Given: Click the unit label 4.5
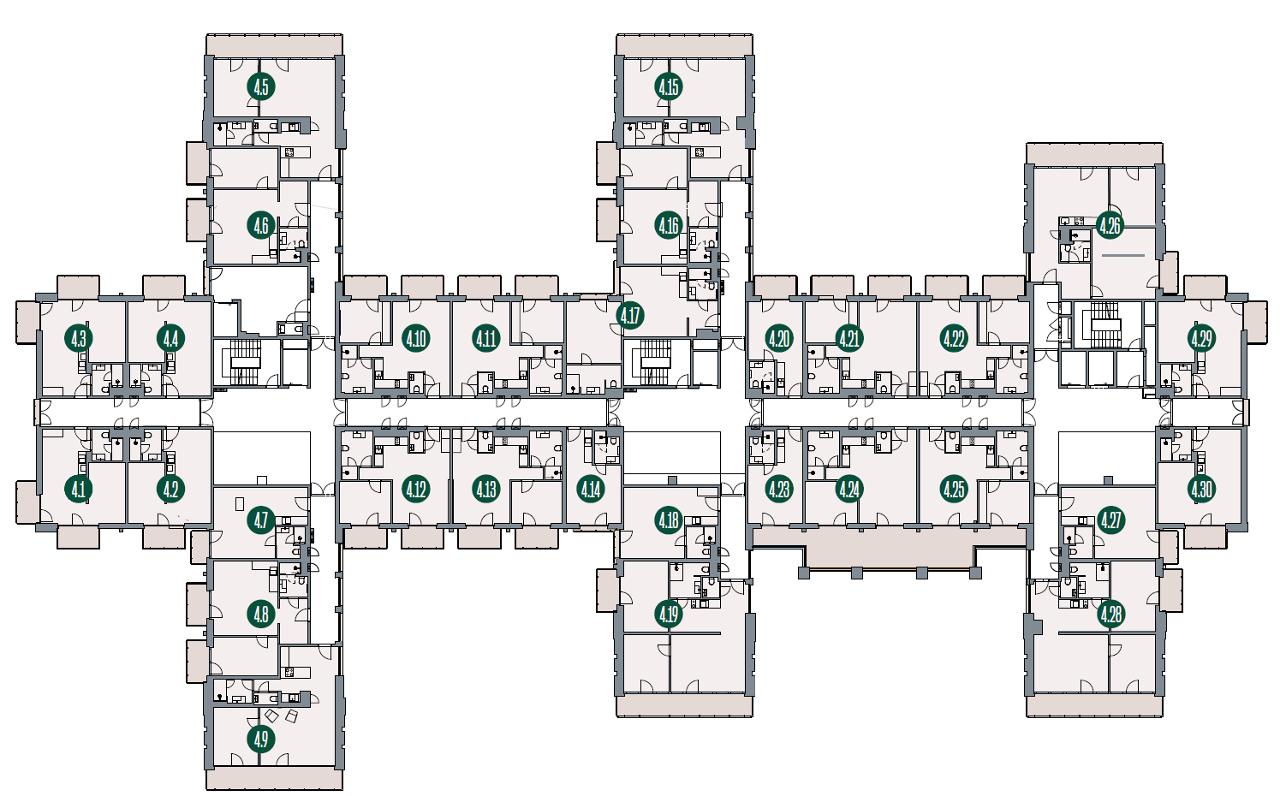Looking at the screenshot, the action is [x=260, y=87].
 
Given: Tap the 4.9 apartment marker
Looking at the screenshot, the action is [x=260, y=740].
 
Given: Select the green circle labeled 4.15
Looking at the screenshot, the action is [x=669, y=87].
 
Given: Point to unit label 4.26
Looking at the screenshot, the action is [x=1109, y=226].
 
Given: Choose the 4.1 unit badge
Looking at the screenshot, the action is [x=79, y=490].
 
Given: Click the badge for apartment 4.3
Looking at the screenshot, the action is [x=79, y=339].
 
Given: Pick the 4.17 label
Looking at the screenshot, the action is [x=630, y=315].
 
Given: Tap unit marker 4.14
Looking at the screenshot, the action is [x=591, y=490].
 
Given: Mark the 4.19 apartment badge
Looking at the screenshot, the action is [x=669, y=615].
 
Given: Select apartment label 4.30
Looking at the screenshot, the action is [x=1201, y=490].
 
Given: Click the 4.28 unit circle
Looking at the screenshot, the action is [x=1110, y=615].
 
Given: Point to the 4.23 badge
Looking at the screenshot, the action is [x=779, y=490].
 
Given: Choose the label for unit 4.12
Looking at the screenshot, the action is [x=416, y=490].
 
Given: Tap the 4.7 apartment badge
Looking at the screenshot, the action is [x=260, y=520].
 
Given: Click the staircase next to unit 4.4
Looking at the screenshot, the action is [x=246, y=362].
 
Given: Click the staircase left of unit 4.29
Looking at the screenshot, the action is [x=1105, y=325].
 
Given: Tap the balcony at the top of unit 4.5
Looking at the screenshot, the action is [x=275, y=45].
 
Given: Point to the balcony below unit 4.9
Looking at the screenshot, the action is [x=275, y=780].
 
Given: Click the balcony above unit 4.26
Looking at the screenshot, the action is [x=1094, y=154].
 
